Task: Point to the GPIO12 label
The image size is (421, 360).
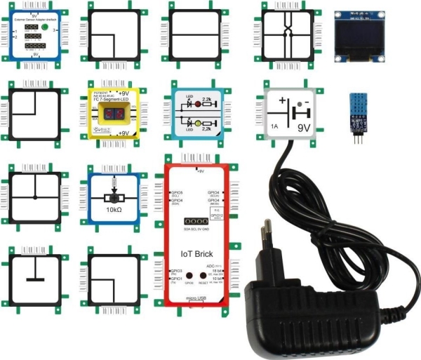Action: pyautogui.click(x=216, y=215)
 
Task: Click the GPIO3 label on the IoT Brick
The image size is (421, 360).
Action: pyautogui.click(x=176, y=270)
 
